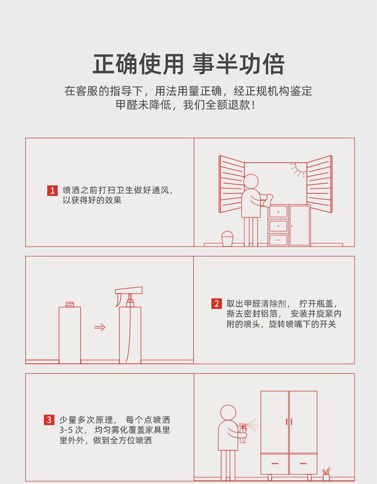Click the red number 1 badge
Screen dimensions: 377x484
(52, 190)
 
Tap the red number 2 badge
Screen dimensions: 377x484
(216, 303)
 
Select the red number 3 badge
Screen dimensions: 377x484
(49, 420)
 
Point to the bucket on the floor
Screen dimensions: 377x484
(227, 238)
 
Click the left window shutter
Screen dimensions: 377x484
(231, 184)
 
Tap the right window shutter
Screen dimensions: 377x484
(319, 184)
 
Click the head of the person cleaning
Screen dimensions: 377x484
(251, 181)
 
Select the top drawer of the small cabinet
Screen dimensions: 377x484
(278, 212)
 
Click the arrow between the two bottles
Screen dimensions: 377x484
(100, 327)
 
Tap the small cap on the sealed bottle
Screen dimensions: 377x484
(70, 304)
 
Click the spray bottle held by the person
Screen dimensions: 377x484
(243, 433)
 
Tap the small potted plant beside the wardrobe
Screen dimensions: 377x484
(326, 474)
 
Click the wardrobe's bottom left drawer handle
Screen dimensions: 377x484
(275, 463)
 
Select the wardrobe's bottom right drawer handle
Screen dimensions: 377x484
(303, 463)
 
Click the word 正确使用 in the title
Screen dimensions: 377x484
(138, 64)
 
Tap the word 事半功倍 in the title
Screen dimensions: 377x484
(238, 64)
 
